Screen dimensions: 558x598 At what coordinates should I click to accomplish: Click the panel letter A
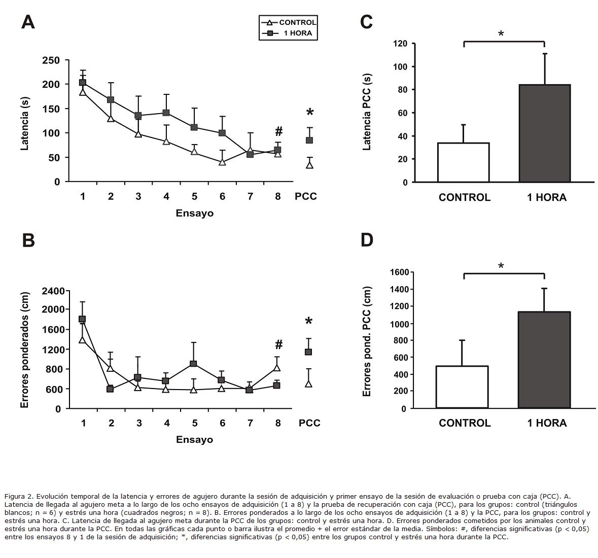pos(28,22)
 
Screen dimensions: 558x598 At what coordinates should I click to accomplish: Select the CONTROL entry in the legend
pos(297,22)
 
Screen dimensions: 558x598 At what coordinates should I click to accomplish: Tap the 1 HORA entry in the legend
pos(297,33)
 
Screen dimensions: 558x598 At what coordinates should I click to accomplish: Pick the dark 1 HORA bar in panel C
pos(545,133)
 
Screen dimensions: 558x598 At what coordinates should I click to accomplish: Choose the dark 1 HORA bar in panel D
pos(544,360)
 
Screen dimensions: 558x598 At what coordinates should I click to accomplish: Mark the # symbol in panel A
pos(278,132)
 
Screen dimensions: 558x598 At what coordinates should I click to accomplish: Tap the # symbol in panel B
pos(278,345)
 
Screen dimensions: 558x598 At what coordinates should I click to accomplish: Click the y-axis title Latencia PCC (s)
pos(367,112)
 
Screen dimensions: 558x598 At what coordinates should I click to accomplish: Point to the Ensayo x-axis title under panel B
pos(195,439)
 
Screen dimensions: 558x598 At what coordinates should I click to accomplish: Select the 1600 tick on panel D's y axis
pos(399,272)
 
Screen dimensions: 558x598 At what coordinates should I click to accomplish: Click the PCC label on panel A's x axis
pos(306,196)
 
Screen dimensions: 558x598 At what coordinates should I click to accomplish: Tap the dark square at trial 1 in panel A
pos(83,83)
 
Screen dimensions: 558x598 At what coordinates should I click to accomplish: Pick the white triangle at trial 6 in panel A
pos(222,162)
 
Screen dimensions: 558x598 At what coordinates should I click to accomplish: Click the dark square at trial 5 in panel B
pos(193,364)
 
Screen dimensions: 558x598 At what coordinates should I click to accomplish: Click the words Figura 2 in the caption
pos(18,496)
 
